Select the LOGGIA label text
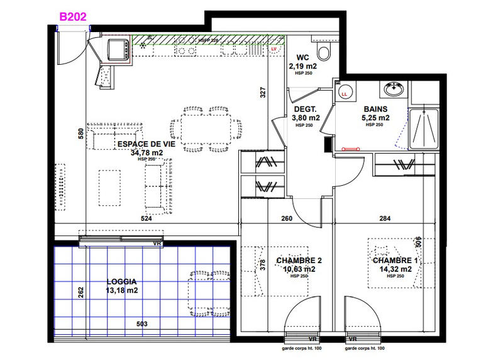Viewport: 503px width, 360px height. coord(122,283)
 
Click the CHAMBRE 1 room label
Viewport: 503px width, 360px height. coord(395,261)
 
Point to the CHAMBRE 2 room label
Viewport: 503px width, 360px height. coord(299,261)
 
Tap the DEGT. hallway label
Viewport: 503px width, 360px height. coord(307,109)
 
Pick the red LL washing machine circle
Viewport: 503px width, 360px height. coord(343,94)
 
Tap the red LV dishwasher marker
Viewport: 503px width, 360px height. coord(274,48)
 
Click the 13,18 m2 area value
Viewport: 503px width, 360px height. coord(121,291)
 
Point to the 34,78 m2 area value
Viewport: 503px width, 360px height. coord(146,152)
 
